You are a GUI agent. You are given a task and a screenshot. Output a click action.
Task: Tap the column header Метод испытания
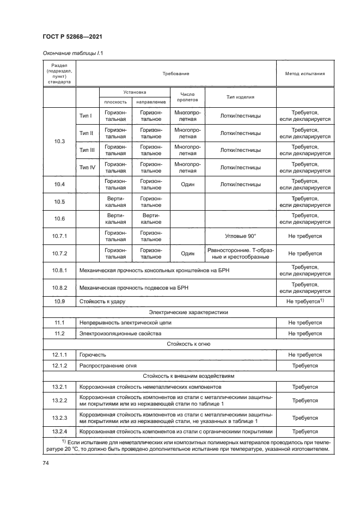point(304,73)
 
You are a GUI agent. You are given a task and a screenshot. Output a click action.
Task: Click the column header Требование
point(175,73)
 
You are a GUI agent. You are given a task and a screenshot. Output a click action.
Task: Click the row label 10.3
point(59,142)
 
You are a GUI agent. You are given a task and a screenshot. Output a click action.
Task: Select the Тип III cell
point(87,150)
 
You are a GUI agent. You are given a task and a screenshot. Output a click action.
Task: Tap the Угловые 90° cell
point(240,236)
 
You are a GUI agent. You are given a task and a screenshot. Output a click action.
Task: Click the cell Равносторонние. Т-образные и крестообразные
point(240,253)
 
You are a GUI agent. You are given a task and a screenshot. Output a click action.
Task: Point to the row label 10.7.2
point(59,253)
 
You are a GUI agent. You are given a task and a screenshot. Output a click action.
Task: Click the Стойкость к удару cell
point(100,301)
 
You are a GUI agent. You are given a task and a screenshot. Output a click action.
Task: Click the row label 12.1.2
point(59,365)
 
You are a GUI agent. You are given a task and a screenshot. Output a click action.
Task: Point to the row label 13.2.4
point(59,431)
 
